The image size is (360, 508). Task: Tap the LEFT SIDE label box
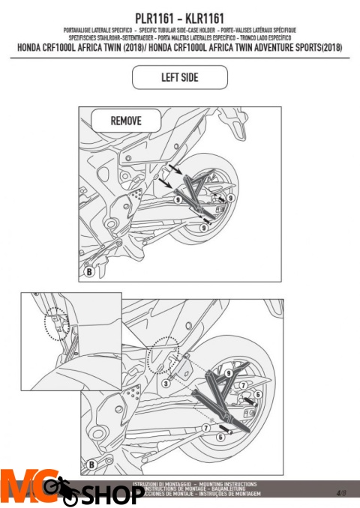pos(179,77)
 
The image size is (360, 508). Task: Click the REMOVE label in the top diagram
pos(125,120)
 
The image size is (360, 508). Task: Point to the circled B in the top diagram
pos(89,273)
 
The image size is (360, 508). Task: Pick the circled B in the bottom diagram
pos(91,465)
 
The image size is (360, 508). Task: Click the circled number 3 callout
pos(165,382)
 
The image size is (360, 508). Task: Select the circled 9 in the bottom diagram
pos(227,372)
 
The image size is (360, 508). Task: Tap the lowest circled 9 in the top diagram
pos(203,226)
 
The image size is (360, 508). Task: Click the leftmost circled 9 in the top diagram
pos(178,200)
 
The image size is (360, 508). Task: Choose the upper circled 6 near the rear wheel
pos(257,394)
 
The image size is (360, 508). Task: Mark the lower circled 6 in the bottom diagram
pos(220,435)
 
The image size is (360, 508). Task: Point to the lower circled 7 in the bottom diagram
pos(205,426)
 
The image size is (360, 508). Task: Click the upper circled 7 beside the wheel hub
pos(243,385)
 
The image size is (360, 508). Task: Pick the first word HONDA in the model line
pos(34,47)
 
